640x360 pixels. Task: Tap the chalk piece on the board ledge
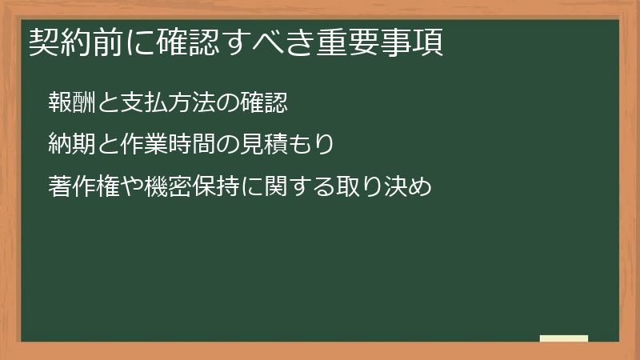[564, 338]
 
